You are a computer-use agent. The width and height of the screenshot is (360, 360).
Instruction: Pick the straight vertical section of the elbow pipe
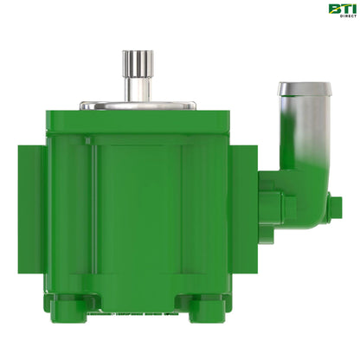(x=305, y=138)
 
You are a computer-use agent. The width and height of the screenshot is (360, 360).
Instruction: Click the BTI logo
(x=340, y=10)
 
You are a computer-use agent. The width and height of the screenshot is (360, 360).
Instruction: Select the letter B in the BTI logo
(x=333, y=9)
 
